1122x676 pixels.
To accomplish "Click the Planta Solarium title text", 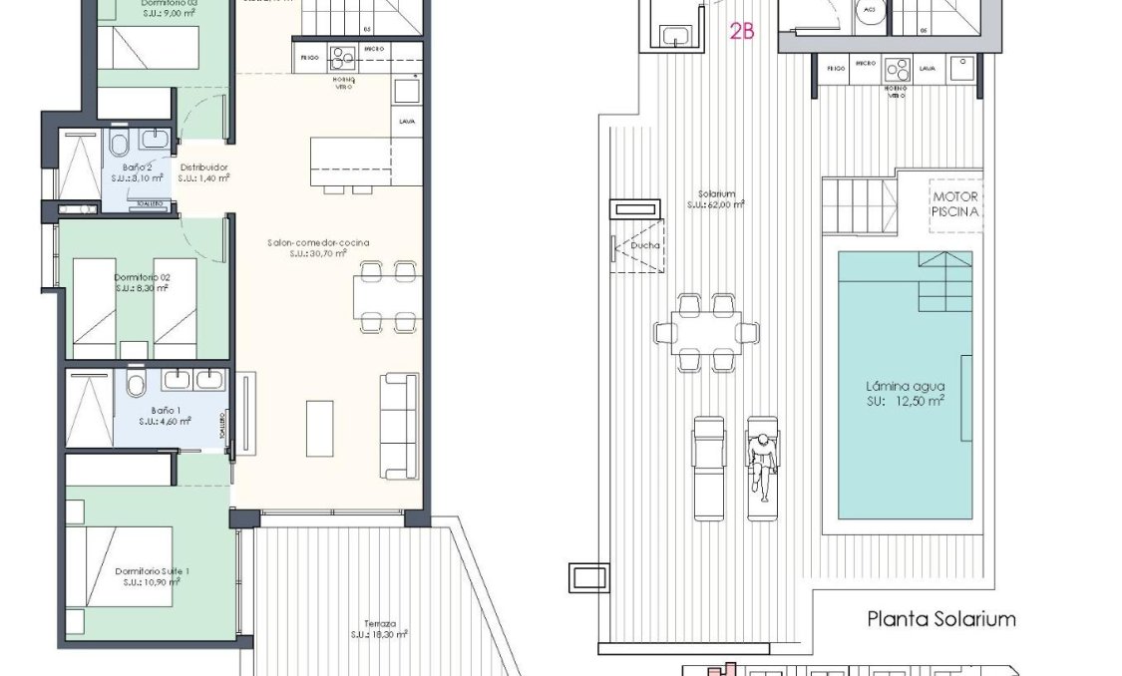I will [940, 619].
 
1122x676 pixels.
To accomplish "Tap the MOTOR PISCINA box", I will [953, 203].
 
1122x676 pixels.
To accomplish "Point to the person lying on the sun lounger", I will [763, 463].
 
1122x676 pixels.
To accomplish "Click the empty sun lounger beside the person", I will [709, 467].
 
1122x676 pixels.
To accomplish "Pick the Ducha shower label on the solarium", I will [637, 245].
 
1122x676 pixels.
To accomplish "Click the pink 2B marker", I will [742, 31].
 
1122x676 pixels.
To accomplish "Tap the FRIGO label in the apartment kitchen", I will [309, 58].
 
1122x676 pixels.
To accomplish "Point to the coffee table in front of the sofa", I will [319, 428].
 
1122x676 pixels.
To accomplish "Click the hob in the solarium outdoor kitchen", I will [898, 70].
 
